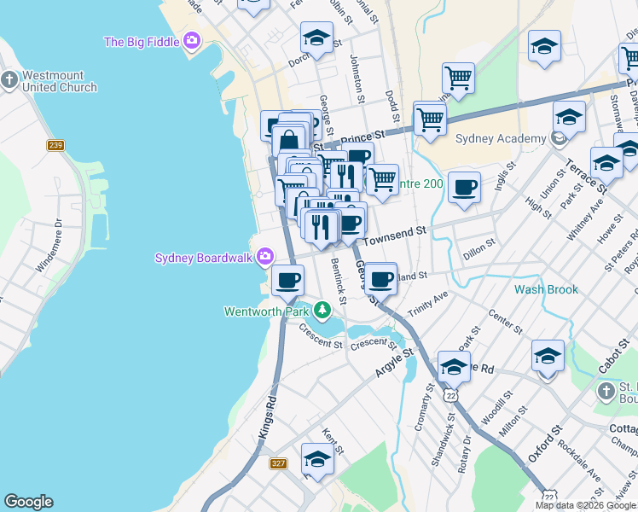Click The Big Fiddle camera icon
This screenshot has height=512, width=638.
(193, 40)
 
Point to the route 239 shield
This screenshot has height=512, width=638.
(55, 145)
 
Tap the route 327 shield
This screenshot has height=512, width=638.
(279, 463)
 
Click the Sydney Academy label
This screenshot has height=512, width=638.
(501, 139)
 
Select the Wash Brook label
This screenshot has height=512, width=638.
(546, 289)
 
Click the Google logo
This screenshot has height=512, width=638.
(28, 502)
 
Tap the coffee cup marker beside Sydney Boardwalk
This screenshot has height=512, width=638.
(287, 279)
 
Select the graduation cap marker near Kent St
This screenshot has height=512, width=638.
(317, 461)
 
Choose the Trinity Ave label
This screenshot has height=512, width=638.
(427, 304)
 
